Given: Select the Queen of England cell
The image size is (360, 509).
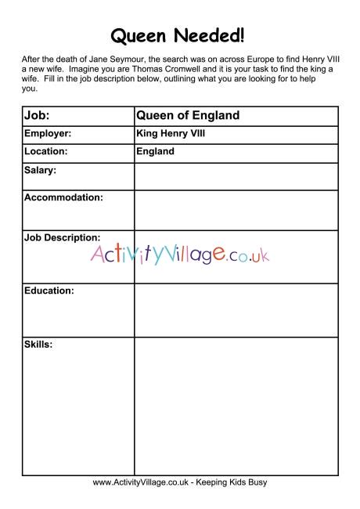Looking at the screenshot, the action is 187,116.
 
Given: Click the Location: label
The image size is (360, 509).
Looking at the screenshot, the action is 46,151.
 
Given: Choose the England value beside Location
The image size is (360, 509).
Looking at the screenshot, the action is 155,151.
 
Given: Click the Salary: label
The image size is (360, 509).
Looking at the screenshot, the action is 40,170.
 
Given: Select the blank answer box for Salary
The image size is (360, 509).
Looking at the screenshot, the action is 235,176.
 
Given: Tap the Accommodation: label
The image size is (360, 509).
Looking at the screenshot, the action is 63,197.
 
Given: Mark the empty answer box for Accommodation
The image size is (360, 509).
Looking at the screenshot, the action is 235,210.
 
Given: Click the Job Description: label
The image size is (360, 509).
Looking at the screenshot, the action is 63,236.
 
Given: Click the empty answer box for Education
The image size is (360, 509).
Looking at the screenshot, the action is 235,310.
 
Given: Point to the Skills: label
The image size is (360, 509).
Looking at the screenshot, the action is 38,344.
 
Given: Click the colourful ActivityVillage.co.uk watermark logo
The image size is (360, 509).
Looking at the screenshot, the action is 180,253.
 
